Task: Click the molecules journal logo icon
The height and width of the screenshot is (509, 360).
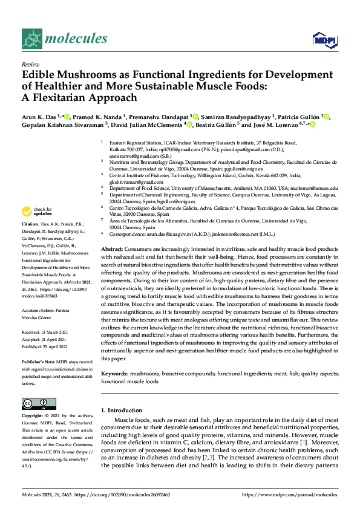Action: point(33,39)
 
